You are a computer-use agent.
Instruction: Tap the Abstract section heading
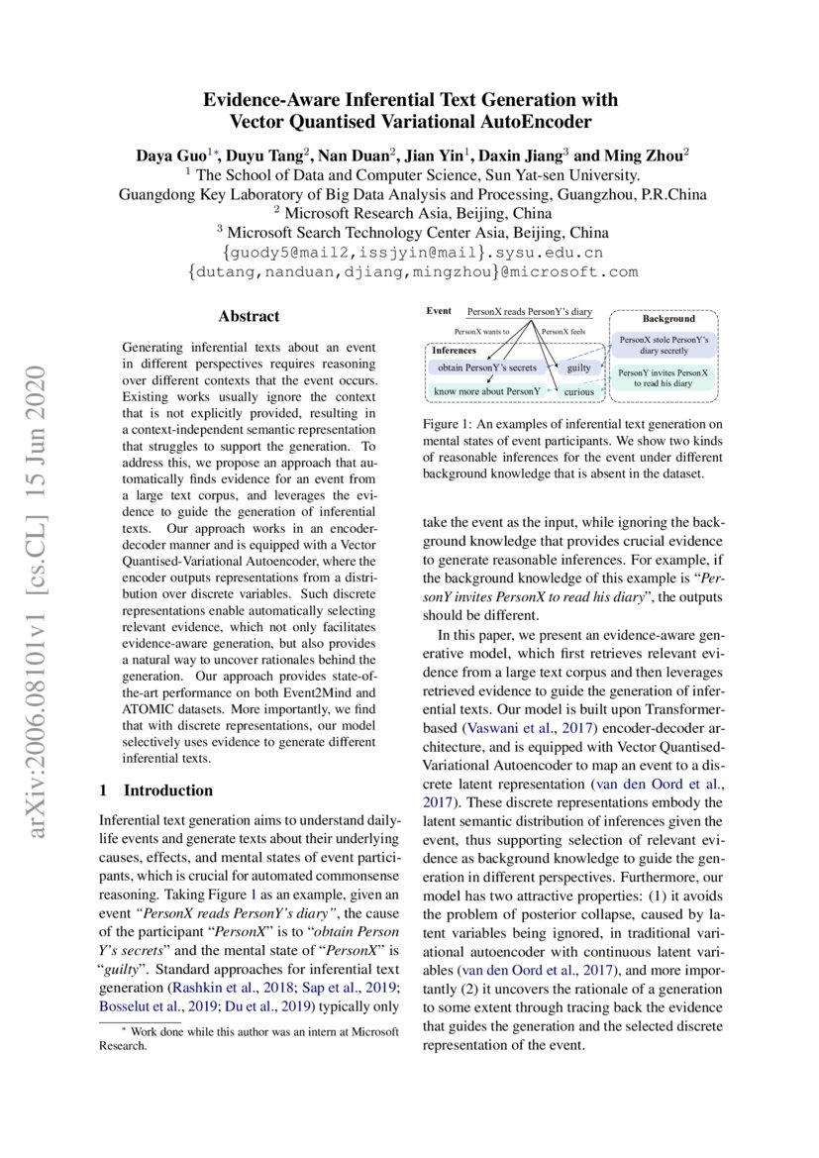pos(249,317)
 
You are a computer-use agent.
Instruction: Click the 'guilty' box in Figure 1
pos(578,368)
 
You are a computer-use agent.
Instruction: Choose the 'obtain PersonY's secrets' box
pos(487,368)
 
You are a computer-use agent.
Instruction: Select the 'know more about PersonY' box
pos(488,391)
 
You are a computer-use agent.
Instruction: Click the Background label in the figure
pos(668,319)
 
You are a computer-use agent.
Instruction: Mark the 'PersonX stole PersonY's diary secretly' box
pos(663,344)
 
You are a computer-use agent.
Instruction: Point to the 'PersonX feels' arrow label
pos(563,332)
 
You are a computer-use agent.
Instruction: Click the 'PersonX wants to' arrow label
pos(481,332)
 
